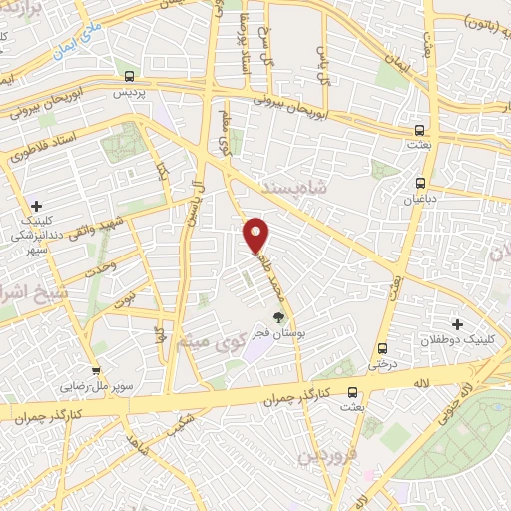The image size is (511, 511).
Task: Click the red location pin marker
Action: pos(257,234)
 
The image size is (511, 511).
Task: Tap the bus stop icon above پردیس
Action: pos(129,76)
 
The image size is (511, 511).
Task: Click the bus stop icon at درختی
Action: pos(383,348)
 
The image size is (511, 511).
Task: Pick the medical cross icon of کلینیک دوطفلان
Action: pos(457,324)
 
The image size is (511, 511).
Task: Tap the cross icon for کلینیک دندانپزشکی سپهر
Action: pos(37,205)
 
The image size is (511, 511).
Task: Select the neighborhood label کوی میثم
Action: pos(205,346)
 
